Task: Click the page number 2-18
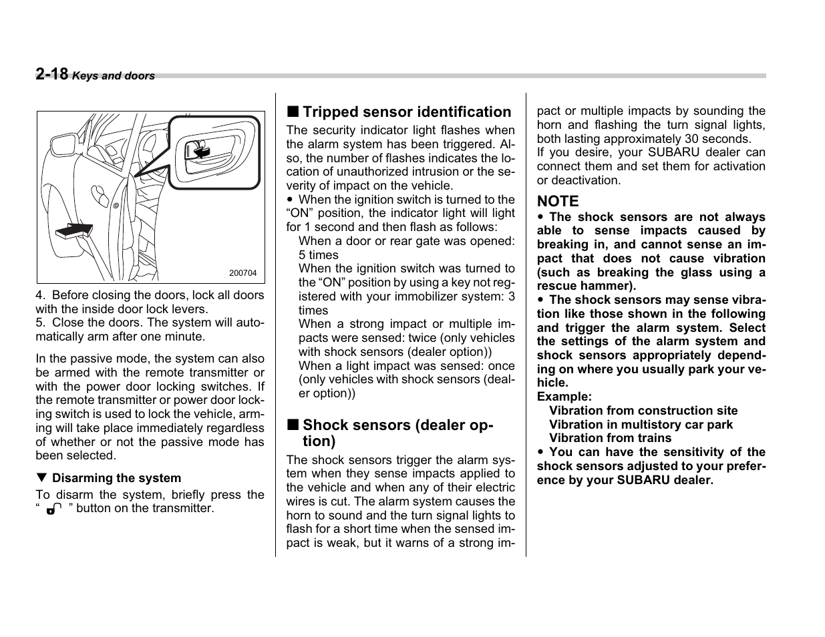pyautogui.click(x=51, y=74)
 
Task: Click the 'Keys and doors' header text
pyautogui.click(x=113, y=76)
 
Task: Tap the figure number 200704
pyautogui.click(x=242, y=273)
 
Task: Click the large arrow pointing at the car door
pyautogui.click(x=73, y=230)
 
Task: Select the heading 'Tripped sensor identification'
pyautogui.click(x=407, y=112)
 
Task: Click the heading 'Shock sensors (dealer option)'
pyautogui.click(x=397, y=433)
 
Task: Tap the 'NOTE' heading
pyautogui.click(x=558, y=201)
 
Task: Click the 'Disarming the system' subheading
pyautogui.click(x=116, y=478)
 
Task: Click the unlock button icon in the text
pyautogui.click(x=54, y=509)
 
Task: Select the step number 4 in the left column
pyautogui.click(x=39, y=295)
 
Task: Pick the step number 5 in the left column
pyautogui.click(x=39, y=323)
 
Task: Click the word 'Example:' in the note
pyautogui.click(x=564, y=397)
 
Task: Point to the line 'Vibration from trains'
pyautogui.click(x=610, y=438)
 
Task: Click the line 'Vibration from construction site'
pyautogui.click(x=643, y=411)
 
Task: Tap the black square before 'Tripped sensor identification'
pyautogui.click(x=293, y=112)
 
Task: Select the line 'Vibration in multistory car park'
pyautogui.click(x=641, y=425)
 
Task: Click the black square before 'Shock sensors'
pyautogui.click(x=293, y=425)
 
